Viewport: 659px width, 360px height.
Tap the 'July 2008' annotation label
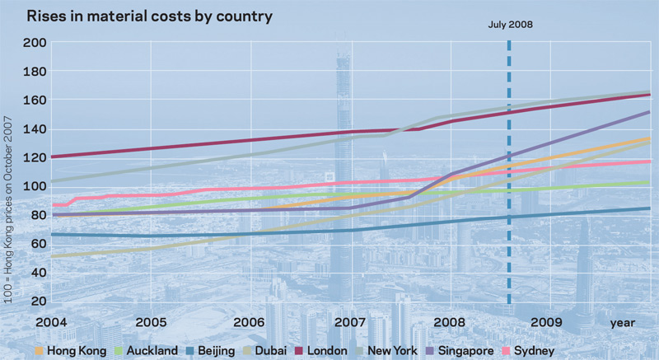click(511, 25)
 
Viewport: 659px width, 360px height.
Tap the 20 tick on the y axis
click(37, 301)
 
